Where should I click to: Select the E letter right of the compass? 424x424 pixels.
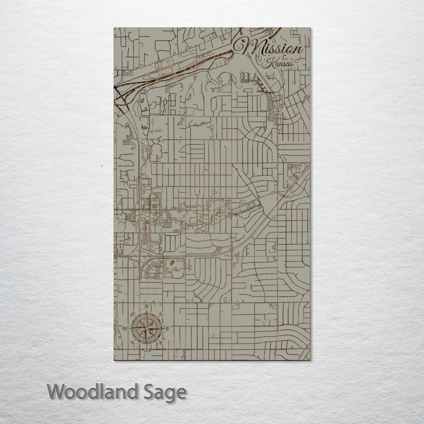coord(168,329)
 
